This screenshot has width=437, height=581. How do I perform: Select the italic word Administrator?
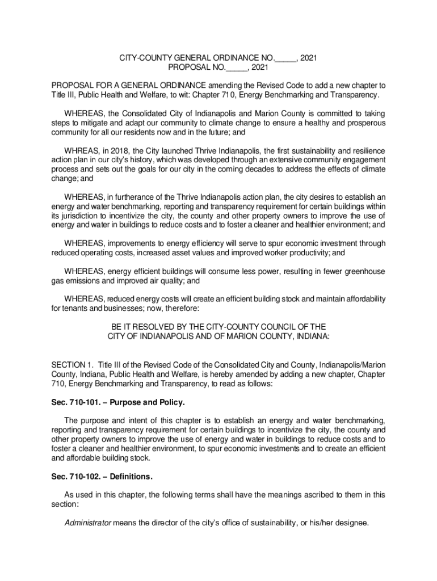tap(88, 523)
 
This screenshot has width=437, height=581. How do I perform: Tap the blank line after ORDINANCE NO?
tap(285, 58)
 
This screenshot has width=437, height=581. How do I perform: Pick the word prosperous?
tap(362, 123)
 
